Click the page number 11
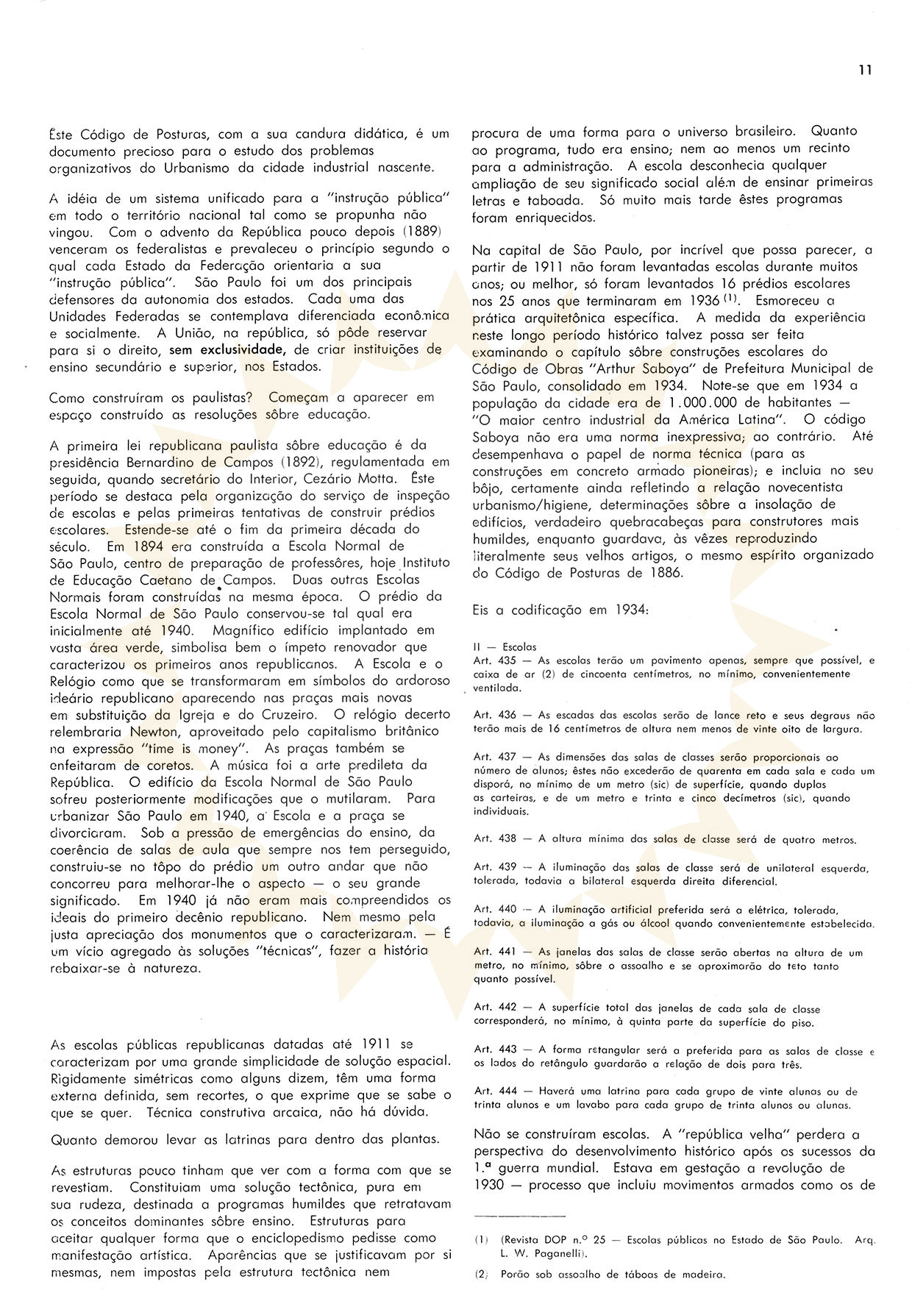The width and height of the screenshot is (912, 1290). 864,71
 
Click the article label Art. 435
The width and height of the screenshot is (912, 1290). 495,660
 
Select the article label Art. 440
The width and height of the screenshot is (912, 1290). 495,910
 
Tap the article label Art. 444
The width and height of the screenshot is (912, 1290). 495,1091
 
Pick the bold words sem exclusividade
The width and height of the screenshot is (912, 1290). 227,350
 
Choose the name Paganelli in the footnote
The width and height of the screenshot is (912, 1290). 546,1253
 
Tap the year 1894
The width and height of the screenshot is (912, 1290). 149,546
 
